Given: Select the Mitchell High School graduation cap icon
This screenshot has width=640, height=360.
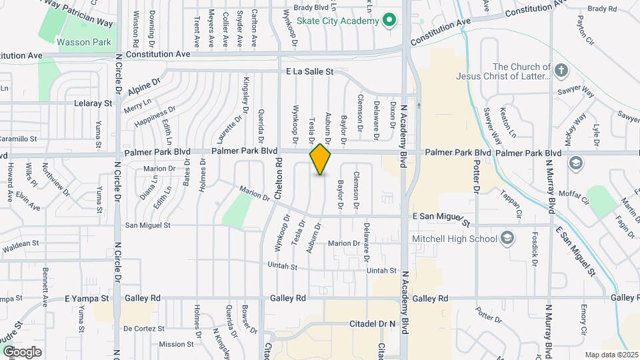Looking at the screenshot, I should (x=507, y=239).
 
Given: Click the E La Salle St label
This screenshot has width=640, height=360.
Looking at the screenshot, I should (x=309, y=71).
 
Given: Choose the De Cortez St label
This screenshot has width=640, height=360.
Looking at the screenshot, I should (x=143, y=329).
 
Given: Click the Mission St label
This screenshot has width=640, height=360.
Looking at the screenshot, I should (x=176, y=345).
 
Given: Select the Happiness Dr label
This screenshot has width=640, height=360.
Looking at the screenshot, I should (x=154, y=117).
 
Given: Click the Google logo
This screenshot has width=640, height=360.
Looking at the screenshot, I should (x=23, y=351).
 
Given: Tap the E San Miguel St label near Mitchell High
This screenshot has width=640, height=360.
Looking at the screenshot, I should (x=442, y=217).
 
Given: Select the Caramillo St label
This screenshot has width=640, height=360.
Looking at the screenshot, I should (x=19, y=139).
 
